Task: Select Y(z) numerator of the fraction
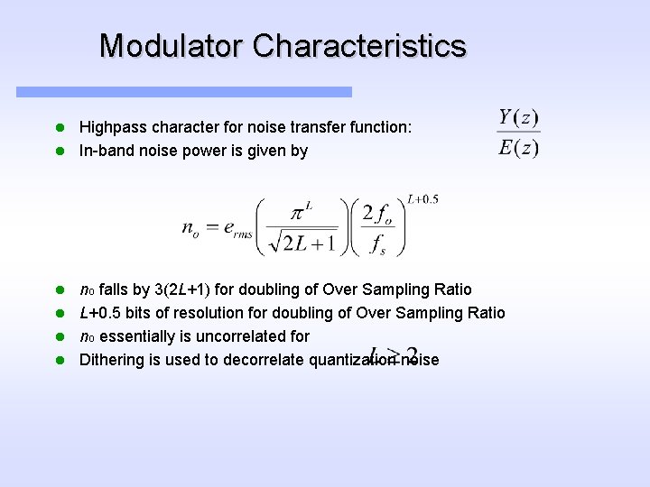point(519,118)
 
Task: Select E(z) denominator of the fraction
point(519,147)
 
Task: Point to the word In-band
point(107,151)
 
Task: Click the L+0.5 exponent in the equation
point(422,199)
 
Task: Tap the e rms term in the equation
point(235,230)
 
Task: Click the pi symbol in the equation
point(302,213)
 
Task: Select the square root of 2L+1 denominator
point(302,242)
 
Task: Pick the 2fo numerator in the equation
point(376,214)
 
